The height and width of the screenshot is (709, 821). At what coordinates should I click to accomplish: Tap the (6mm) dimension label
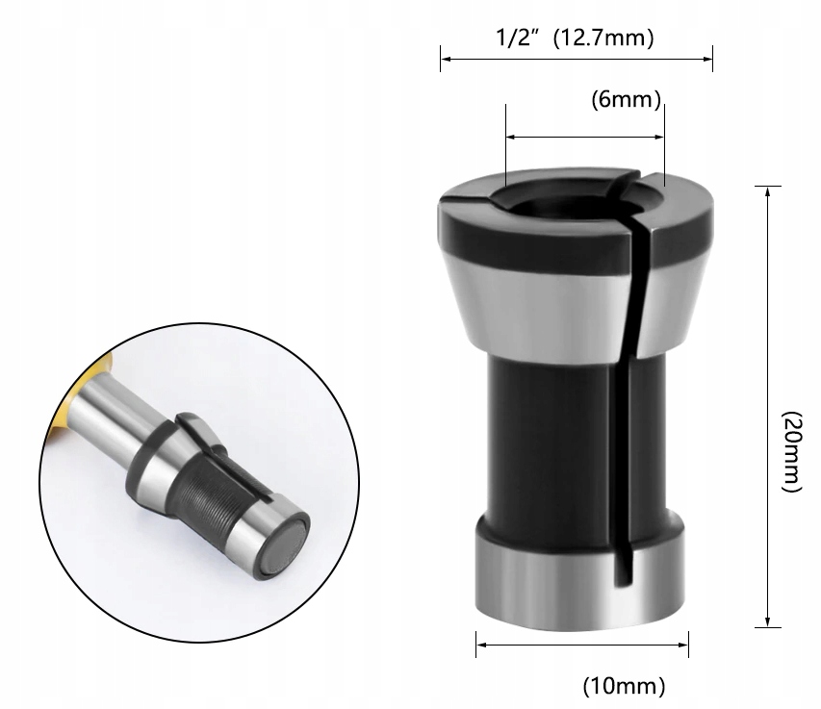pyautogui.click(x=624, y=99)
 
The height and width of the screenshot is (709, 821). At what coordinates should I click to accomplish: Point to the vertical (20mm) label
pyautogui.click(x=792, y=452)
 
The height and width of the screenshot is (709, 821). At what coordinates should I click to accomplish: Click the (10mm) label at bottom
pyautogui.click(x=624, y=686)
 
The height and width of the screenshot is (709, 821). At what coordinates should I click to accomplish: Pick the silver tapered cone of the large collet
pyautogui.click(x=520, y=298)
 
